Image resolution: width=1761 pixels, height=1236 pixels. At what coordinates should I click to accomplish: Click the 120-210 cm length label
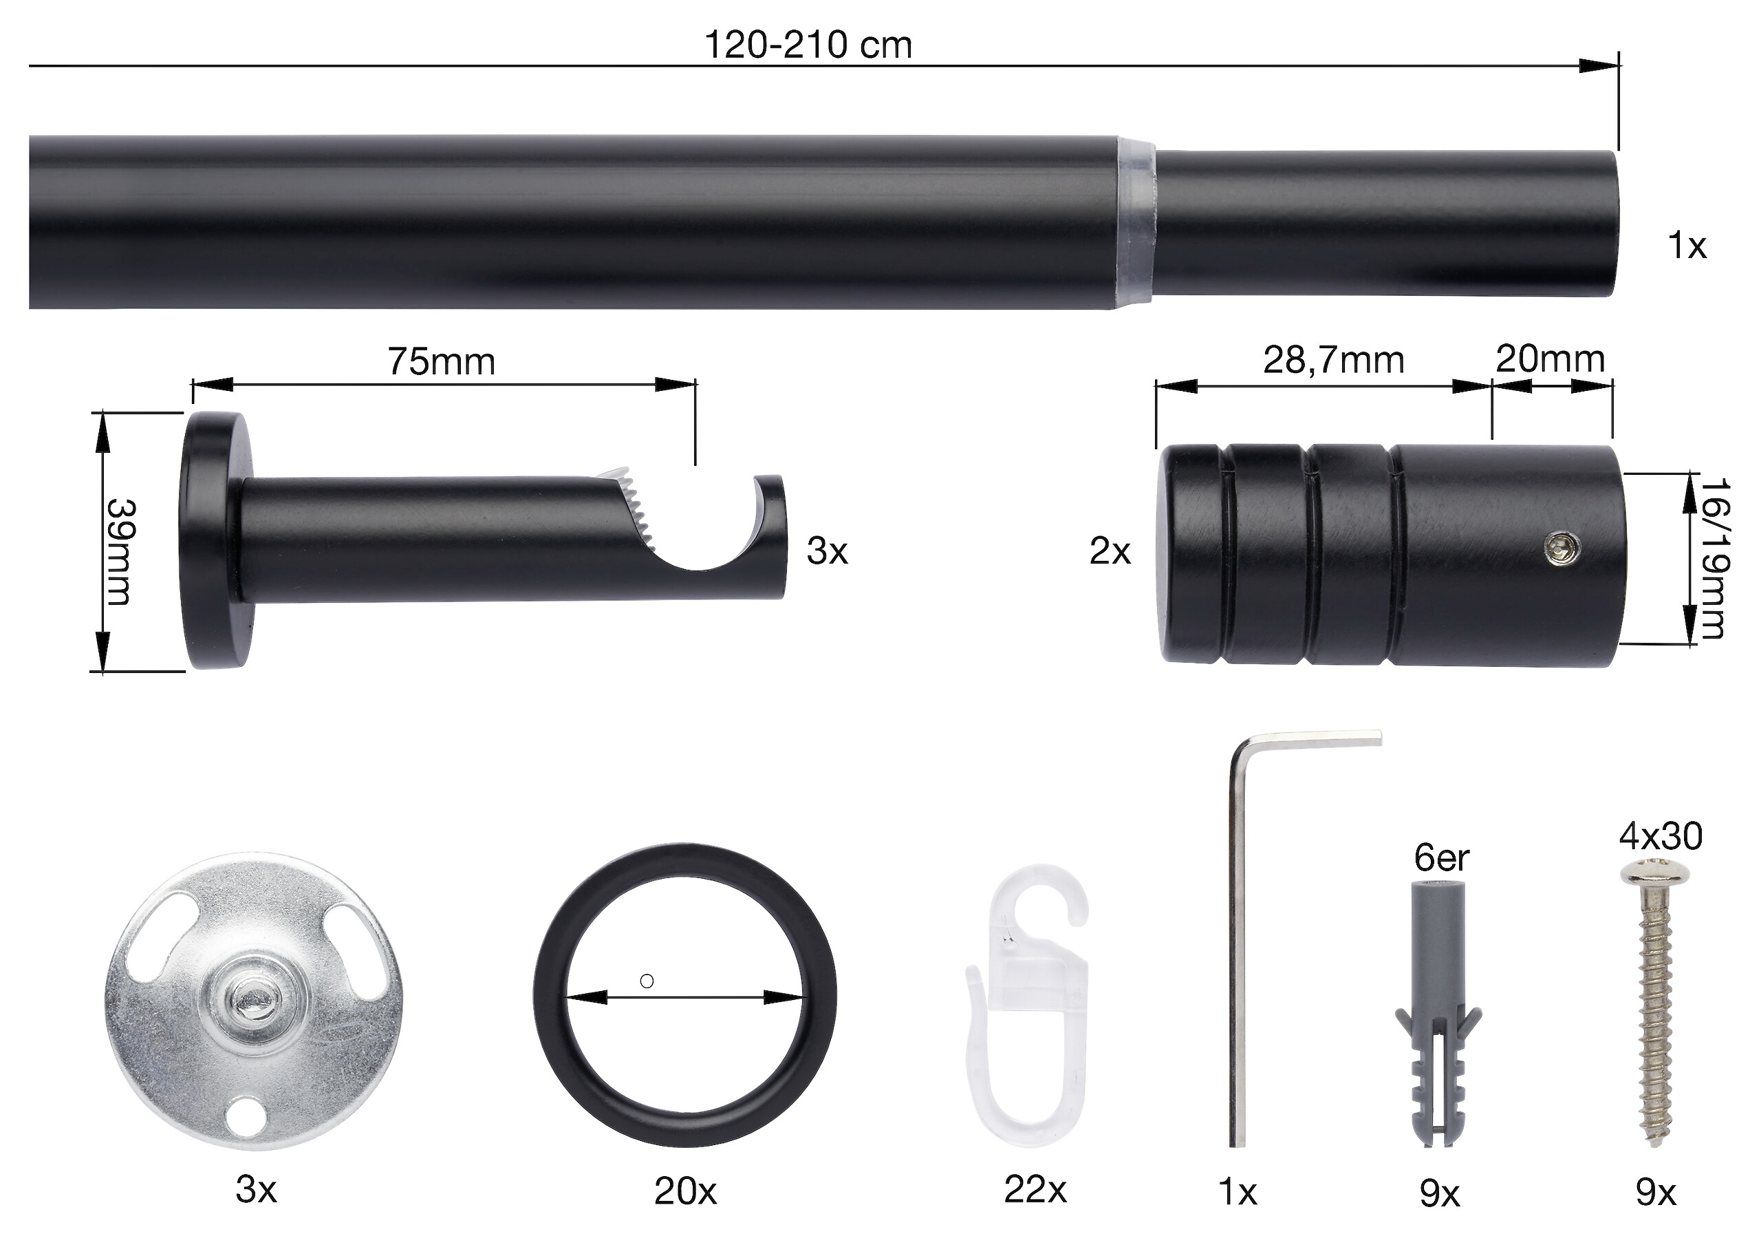808,45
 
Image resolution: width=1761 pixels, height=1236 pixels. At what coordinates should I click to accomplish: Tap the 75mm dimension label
441,361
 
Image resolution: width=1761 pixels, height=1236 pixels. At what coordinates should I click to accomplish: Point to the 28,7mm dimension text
1334,360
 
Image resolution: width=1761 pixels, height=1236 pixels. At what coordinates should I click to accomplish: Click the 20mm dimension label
1550,359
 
